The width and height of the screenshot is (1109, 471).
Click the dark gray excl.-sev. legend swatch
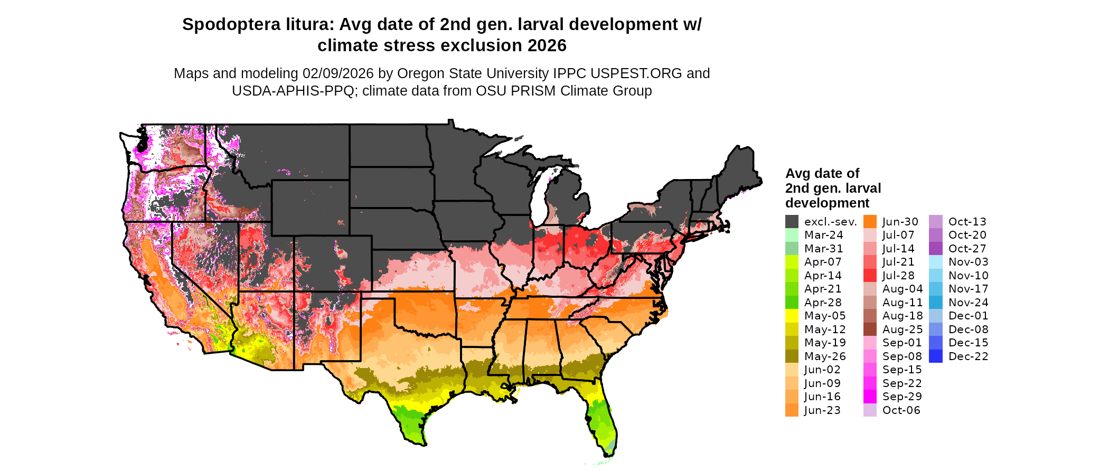point(792,222)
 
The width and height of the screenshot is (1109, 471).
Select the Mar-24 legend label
point(823,235)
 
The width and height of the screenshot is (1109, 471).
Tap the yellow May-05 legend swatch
point(792,316)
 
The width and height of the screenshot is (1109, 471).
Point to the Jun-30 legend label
point(900,222)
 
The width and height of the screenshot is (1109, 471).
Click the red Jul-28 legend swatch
point(870,276)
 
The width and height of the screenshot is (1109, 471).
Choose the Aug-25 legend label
point(903,329)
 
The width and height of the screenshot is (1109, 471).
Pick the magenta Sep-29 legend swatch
point(870,397)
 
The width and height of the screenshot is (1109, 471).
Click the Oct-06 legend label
point(901,410)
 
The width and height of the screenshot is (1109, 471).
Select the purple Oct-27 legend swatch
point(935,249)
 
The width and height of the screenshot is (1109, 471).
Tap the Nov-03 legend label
point(968,262)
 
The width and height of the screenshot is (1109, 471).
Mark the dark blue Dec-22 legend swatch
point(935,356)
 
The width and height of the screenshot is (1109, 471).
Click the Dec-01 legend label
point(968,316)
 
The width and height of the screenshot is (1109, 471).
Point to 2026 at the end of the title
point(546,46)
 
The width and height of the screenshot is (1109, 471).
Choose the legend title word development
point(827,203)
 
